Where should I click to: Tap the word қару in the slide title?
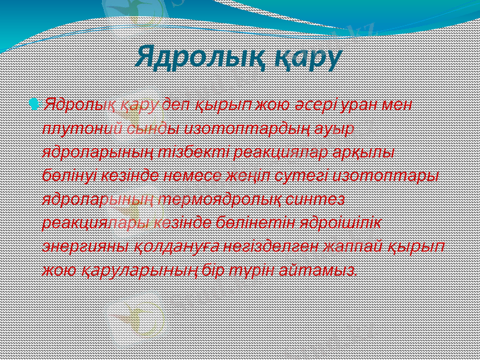(x=307, y=58)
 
